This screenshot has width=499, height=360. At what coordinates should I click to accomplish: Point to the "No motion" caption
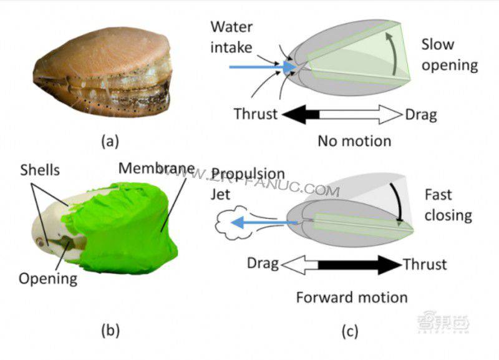coord(354,140)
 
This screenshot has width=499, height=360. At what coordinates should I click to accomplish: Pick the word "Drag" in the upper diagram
coord(421,114)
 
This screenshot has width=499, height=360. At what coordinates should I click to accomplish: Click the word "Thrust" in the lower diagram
coord(425,265)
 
